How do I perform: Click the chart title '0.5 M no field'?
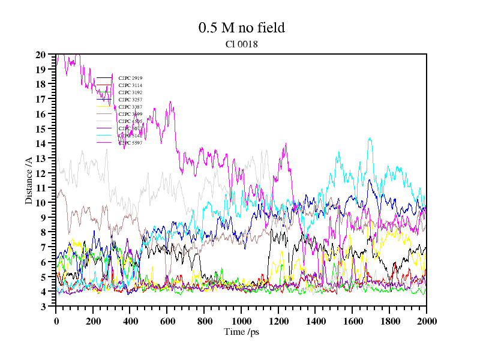[241, 28]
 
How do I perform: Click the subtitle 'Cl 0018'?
[241, 44]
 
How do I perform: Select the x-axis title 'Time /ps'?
[241, 332]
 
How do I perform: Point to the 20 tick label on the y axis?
[41, 55]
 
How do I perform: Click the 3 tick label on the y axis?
[43, 307]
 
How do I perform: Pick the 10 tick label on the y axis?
[41, 203]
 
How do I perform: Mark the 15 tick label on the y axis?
[41, 129]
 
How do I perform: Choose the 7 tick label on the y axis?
[43, 247]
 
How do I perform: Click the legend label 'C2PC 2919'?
[130, 78]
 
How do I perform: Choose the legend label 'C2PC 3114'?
[130, 85]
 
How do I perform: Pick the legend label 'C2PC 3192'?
[130, 92]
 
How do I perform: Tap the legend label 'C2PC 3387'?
[130, 107]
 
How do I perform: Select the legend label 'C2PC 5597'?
[130, 143]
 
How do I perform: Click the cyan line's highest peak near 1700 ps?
[370, 139]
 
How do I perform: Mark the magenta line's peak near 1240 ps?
[286, 143]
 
